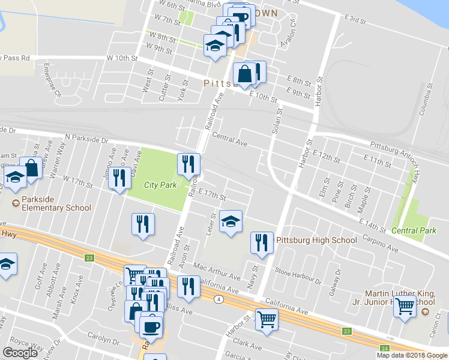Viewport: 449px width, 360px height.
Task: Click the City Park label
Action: (x=161, y=185)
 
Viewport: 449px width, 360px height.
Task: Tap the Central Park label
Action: (x=414, y=230)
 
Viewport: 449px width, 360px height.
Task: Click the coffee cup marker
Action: (x=151, y=326)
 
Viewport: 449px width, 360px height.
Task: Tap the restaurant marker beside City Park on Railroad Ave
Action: (x=188, y=163)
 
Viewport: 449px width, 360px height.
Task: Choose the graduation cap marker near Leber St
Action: (x=231, y=222)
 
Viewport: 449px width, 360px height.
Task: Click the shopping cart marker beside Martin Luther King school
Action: (x=406, y=307)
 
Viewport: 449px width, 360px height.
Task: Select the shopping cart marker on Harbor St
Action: (x=267, y=319)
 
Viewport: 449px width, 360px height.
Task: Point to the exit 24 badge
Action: (x=384, y=347)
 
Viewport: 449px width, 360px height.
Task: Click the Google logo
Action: (x=20, y=353)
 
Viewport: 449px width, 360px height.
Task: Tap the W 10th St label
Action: (x=122, y=58)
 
